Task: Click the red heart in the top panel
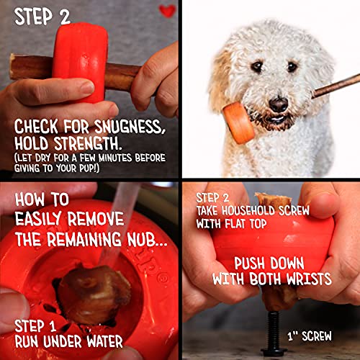click(x=167, y=12)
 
